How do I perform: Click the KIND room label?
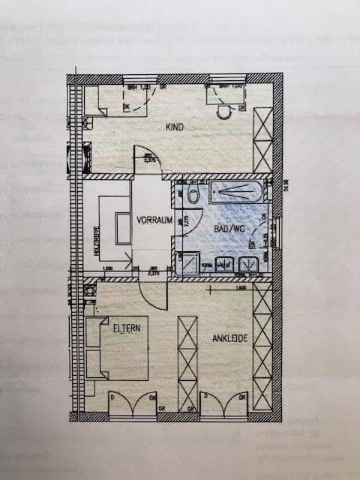[175, 127]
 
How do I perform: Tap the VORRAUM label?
[155, 220]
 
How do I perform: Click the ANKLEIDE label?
[229, 338]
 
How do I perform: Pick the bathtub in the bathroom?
[236, 192]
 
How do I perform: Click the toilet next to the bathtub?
[193, 196]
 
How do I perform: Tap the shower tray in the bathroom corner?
[187, 263]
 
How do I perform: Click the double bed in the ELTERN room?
[118, 348]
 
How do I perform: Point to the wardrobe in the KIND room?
[262, 140]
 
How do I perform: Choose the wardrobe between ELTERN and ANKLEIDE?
[187, 363]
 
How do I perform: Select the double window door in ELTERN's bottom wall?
[133, 404]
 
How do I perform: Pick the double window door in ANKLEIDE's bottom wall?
[226, 404]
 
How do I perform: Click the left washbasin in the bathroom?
[223, 263]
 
